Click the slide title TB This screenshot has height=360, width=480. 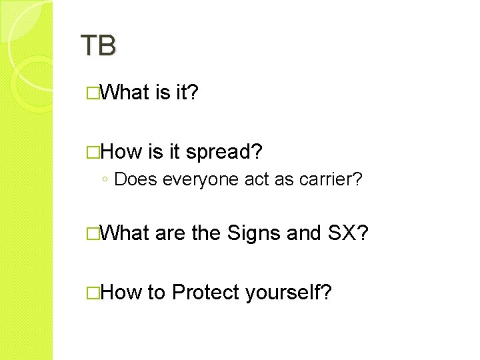(x=98, y=45)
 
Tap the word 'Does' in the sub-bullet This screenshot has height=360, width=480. (x=136, y=179)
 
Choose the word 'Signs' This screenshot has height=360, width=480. (x=254, y=233)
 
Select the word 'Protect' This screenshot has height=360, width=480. (x=206, y=292)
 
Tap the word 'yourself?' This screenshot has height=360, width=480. (x=288, y=292)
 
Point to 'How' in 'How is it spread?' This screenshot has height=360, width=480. (x=123, y=152)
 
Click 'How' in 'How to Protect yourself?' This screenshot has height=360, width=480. (x=123, y=292)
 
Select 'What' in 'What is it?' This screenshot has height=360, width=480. (x=127, y=93)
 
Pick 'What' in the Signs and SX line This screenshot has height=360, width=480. (x=127, y=233)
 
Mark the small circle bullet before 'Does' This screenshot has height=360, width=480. (x=106, y=180)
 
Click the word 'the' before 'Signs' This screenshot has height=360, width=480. (x=206, y=233)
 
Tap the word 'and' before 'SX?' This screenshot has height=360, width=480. (x=304, y=233)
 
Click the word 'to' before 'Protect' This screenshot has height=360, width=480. (x=157, y=292)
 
